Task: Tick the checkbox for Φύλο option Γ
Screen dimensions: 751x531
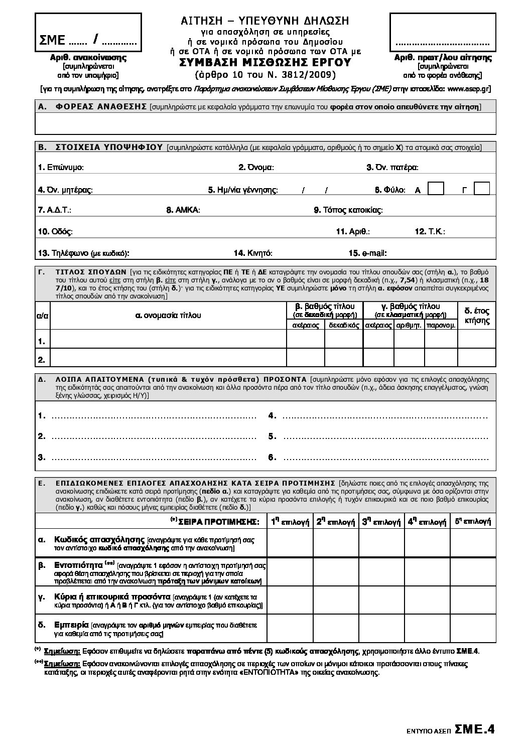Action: click(482, 189)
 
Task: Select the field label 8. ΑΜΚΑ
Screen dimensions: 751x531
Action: click(183, 210)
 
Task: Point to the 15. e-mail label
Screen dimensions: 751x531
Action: click(368, 253)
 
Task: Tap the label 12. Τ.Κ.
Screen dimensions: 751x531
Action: click(430, 232)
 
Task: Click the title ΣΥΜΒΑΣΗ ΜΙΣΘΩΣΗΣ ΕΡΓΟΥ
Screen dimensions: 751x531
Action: click(265, 63)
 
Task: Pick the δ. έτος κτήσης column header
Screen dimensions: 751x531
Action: click(477, 316)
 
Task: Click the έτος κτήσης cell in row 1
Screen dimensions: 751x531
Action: click(477, 341)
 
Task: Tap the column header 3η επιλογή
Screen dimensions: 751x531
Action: click(381, 522)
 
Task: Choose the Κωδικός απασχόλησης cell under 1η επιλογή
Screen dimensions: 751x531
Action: click(290, 544)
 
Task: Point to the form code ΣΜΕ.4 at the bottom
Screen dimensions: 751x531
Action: click(475, 730)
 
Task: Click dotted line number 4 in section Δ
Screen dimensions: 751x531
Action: click(381, 416)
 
